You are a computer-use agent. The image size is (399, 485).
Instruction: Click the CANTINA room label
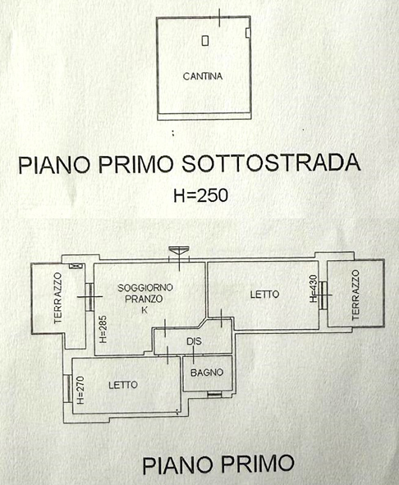(203, 76)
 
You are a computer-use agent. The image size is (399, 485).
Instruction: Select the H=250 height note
(200, 195)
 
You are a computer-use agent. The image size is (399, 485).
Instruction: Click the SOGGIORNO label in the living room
(144, 288)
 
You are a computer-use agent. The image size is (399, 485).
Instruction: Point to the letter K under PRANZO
(144, 310)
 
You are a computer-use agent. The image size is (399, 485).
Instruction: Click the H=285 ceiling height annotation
(103, 329)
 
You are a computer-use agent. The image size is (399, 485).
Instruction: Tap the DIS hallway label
(194, 341)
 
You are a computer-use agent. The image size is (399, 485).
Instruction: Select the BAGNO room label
(207, 373)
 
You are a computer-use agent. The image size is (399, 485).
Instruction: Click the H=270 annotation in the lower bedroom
(80, 390)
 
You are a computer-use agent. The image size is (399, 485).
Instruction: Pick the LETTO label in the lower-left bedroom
(123, 385)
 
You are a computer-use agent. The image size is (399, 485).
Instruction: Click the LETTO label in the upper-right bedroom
(264, 294)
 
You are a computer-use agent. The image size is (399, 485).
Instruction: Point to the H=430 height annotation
(314, 288)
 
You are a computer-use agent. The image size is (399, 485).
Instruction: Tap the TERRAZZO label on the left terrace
(58, 298)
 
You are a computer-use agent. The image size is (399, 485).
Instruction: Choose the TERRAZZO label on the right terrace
(356, 295)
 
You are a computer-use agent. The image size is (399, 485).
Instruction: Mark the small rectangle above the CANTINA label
(205, 40)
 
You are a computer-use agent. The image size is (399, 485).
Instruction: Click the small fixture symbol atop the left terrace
(76, 266)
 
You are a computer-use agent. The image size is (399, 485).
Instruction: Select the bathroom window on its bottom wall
(214, 394)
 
